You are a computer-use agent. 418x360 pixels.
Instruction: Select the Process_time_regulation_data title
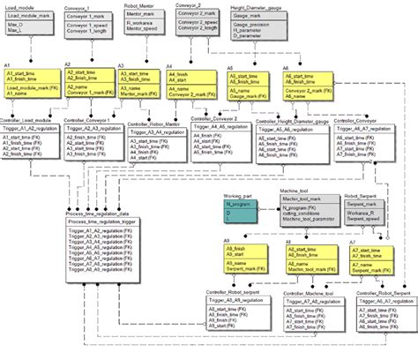102,214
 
